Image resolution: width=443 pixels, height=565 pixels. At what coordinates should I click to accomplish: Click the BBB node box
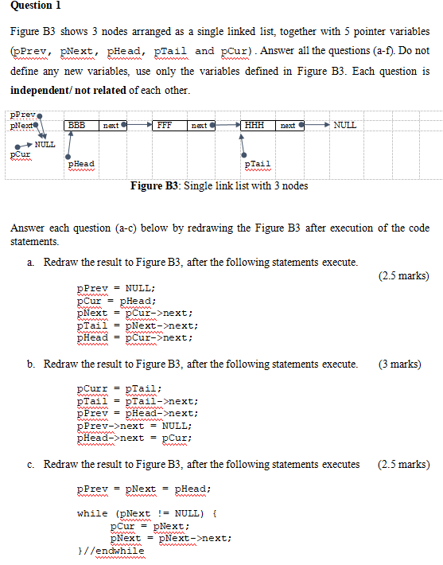(77, 126)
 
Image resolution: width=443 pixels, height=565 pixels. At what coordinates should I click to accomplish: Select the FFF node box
(165, 126)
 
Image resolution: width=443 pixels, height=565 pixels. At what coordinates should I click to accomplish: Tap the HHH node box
(255, 126)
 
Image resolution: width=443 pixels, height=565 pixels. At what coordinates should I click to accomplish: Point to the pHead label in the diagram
(81, 163)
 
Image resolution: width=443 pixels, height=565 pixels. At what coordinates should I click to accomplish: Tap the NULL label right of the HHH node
(345, 125)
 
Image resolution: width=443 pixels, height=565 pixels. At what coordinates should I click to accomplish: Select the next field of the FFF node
(200, 126)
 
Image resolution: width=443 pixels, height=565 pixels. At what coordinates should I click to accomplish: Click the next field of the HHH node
(288, 126)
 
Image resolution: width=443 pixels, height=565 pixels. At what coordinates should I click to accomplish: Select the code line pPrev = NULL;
(116, 288)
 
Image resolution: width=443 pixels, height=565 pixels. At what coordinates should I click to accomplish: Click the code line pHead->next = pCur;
(134, 438)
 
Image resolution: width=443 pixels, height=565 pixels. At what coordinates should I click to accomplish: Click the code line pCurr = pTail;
(119, 389)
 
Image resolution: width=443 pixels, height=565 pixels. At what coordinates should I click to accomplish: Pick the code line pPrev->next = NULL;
(134, 425)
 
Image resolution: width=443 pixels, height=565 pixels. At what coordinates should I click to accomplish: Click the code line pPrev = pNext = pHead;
(144, 489)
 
